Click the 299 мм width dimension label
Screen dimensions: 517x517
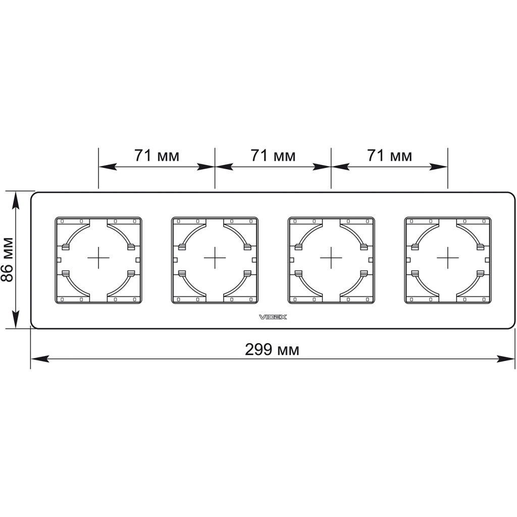[x=272, y=349]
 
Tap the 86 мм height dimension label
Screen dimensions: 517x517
[x=7, y=260]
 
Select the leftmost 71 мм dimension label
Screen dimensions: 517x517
[x=157, y=156]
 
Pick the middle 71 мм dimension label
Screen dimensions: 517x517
[x=273, y=156]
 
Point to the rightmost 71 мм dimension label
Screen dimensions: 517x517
[x=390, y=156]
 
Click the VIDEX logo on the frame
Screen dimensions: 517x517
[x=273, y=317]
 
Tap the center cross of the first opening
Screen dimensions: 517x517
[x=98, y=257]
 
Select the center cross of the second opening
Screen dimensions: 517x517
[x=215, y=257]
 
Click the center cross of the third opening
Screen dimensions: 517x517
[x=331, y=257]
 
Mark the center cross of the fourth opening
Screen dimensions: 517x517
[x=447, y=257]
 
